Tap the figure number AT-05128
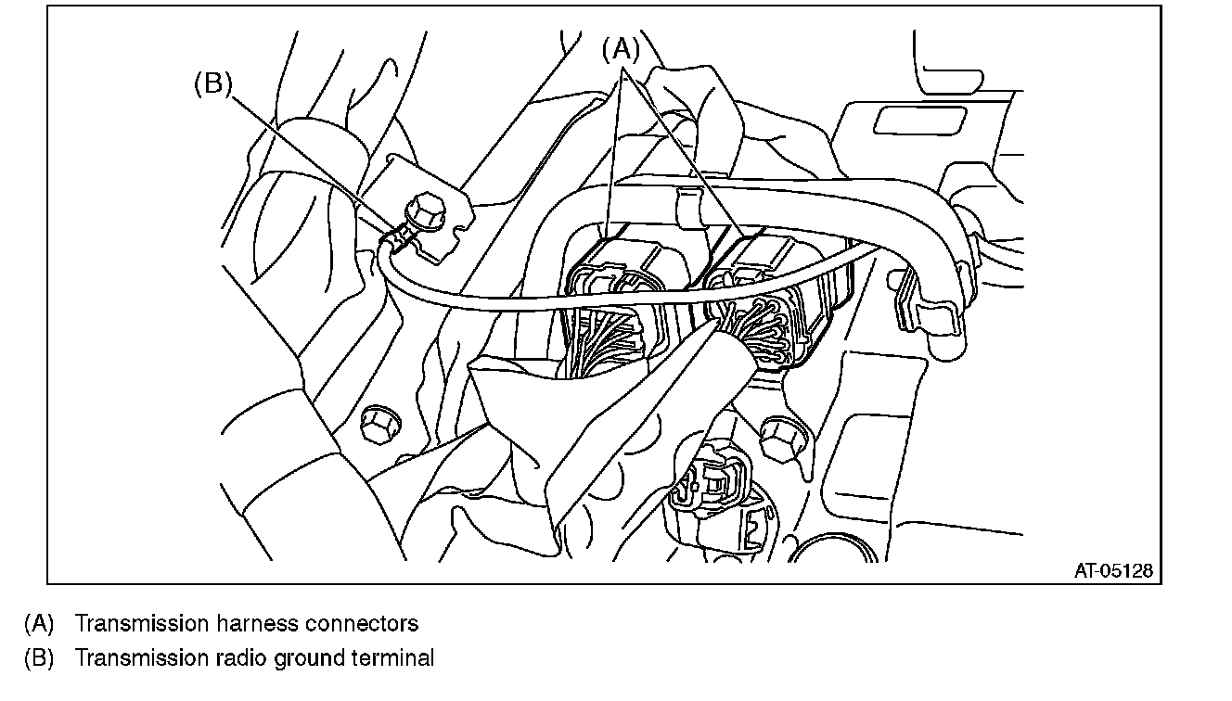coord(1113,571)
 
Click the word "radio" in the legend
coord(243,658)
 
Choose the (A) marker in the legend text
coord(39,623)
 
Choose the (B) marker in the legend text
coord(39,658)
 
